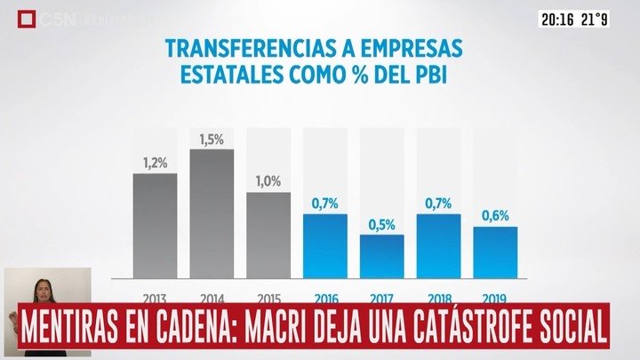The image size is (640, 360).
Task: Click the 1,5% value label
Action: (x=212, y=140)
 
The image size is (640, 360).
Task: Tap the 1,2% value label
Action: (x=155, y=164)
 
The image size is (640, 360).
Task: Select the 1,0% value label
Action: (x=268, y=181)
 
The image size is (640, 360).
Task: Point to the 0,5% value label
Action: (x=381, y=225)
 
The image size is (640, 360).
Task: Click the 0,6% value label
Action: (x=495, y=216)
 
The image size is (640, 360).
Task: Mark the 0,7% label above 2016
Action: (x=324, y=204)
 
